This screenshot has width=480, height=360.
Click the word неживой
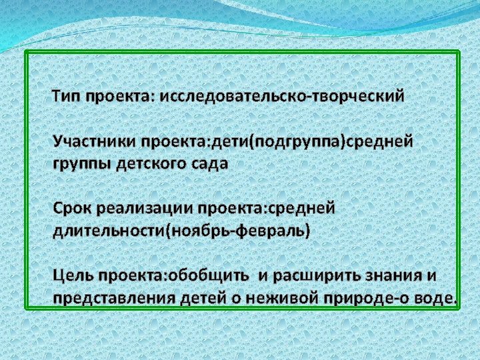pyautogui.click(x=285, y=298)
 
